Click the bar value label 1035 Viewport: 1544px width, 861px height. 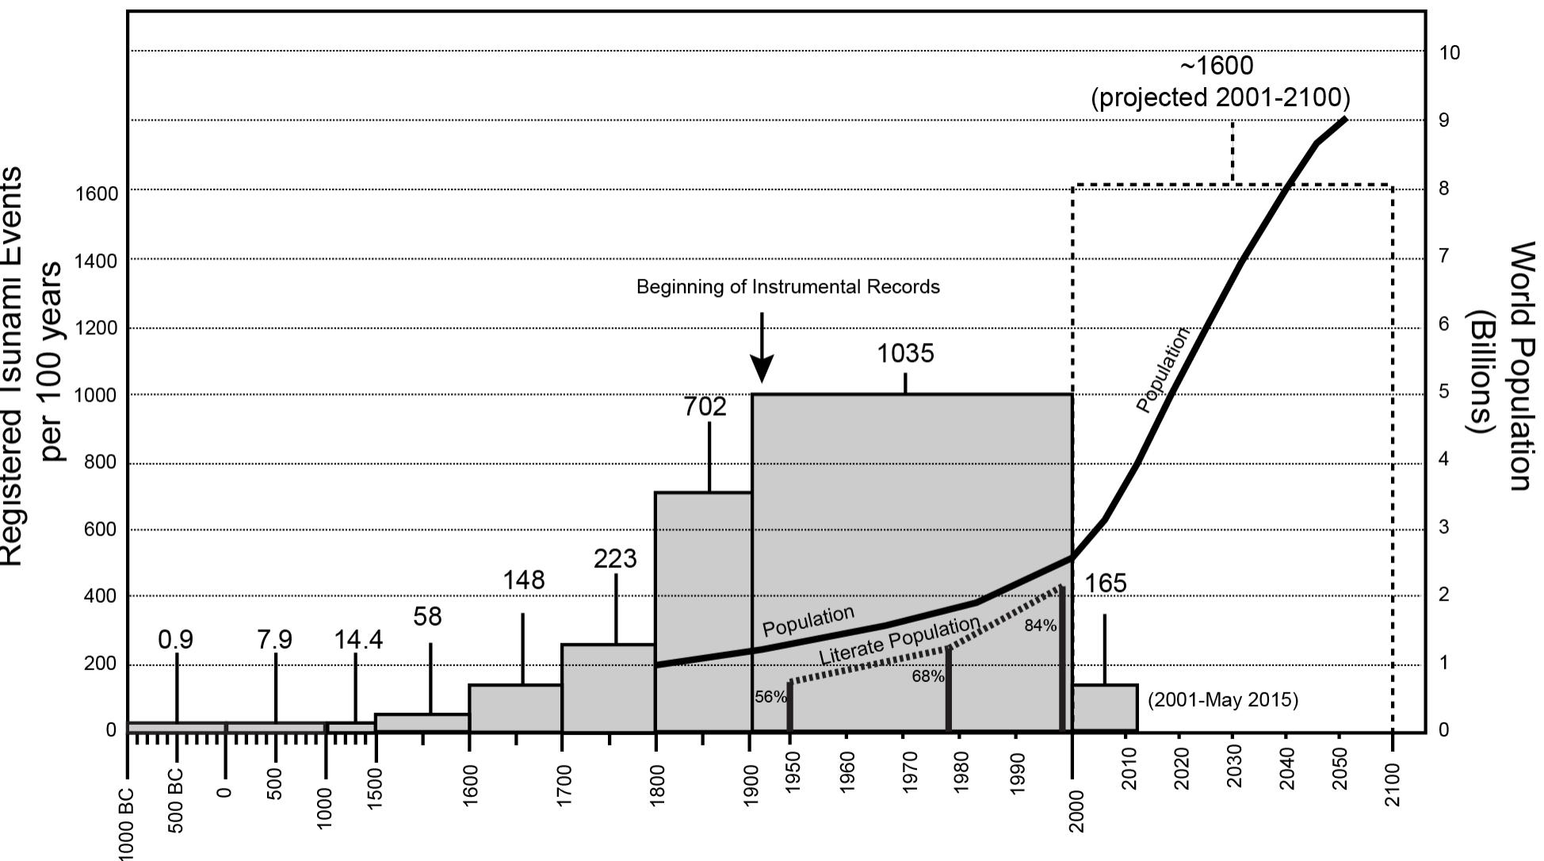coord(905,353)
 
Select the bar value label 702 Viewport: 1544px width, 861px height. coord(705,406)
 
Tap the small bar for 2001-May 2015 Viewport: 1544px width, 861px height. coord(1105,707)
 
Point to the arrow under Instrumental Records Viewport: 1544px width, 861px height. coord(762,349)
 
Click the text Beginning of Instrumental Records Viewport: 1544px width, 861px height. coord(788,287)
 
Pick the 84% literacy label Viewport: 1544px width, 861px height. coord(1040,626)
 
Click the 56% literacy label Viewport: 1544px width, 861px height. coord(770,697)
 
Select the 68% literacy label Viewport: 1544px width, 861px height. coord(927,676)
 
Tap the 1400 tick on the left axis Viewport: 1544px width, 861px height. coord(96,261)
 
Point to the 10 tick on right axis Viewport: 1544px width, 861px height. coord(1449,53)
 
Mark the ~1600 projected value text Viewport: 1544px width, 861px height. coord(1221,82)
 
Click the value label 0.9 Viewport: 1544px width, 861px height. coord(176,639)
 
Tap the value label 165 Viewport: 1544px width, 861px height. coord(1105,584)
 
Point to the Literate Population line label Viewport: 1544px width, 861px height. coord(899,641)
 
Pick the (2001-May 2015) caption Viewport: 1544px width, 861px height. coord(1222,700)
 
